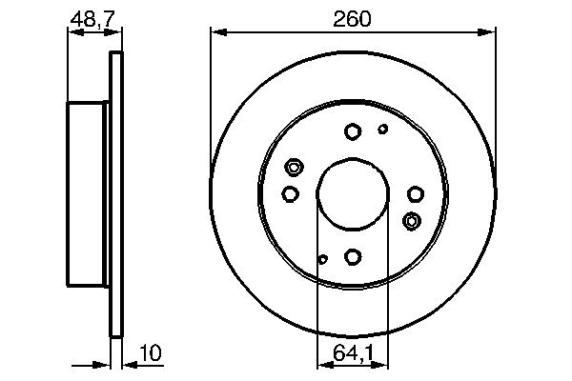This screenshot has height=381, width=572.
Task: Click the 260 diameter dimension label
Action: coord(352,18)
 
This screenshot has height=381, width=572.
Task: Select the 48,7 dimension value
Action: coord(89,18)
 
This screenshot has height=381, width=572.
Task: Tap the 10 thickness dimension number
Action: coord(151,353)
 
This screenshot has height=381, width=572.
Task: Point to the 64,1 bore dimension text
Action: coord(353,353)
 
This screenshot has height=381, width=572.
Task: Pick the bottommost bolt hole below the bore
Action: coord(353,256)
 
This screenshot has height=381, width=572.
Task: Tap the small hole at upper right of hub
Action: coord(383,129)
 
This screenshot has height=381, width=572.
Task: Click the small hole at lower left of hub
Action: coord(323,258)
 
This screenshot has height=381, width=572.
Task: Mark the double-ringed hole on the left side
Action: coord(294,168)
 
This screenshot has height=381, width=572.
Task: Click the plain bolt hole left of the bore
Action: coord(291,193)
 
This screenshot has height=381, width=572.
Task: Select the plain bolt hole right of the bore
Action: coord(415,193)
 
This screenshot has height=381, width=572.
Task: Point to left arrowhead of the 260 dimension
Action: coord(216,33)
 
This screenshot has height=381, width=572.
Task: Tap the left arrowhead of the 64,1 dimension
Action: coord(321,364)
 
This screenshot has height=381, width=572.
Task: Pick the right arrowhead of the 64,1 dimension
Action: coord(383,364)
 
